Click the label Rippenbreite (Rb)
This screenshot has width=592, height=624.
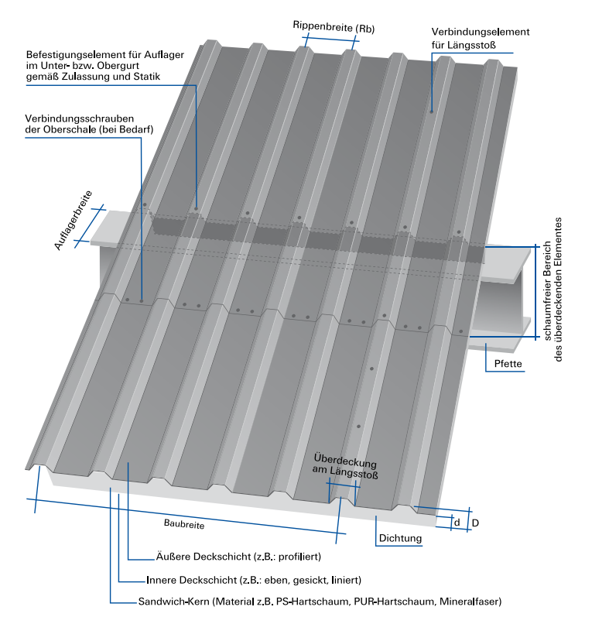[x=334, y=27]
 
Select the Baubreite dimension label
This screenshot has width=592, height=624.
[x=184, y=524]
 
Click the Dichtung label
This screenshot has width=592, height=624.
[x=400, y=538]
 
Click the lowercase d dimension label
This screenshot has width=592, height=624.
[x=457, y=523]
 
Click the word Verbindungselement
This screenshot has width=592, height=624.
[x=480, y=33]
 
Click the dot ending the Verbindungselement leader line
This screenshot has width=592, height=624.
[x=432, y=112]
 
